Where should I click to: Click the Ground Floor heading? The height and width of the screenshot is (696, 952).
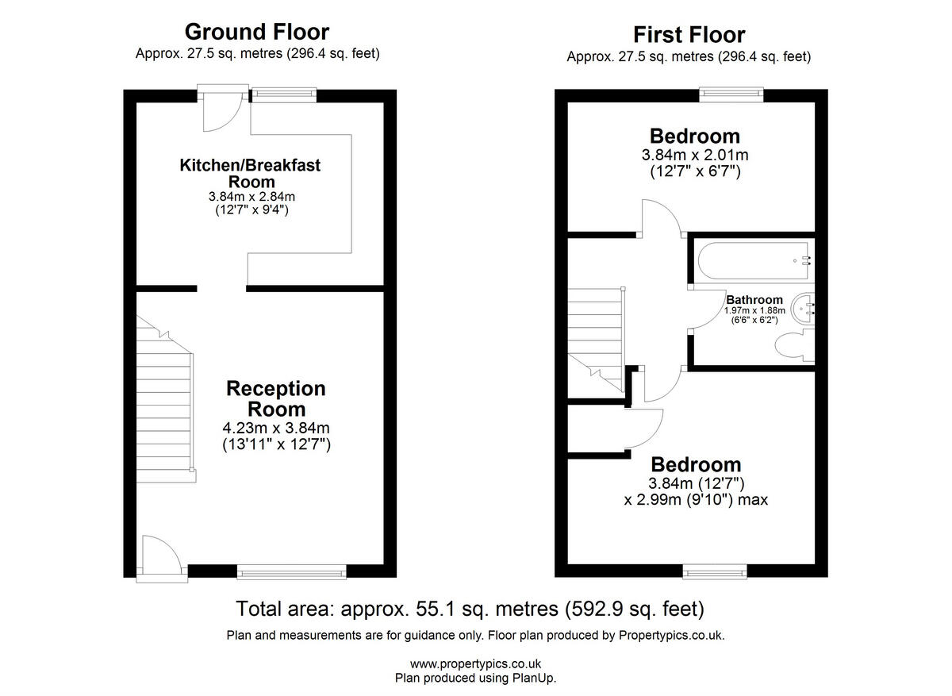click(256, 32)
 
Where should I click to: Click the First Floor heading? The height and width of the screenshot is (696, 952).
click(689, 35)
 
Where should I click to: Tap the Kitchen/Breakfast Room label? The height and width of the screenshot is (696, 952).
click(251, 173)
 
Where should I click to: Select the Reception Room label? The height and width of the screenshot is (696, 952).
click(275, 398)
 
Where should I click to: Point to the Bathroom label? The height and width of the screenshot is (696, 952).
click(754, 299)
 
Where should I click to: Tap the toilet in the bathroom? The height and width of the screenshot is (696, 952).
click(793, 347)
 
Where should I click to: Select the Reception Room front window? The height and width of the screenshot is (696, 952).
click(292, 570)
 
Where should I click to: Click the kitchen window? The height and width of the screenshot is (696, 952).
click(283, 94)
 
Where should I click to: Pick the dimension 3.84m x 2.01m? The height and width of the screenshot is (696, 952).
click(694, 156)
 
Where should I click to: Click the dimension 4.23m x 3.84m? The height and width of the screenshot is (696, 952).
click(275, 429)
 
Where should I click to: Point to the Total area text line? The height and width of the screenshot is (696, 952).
click(470, 609)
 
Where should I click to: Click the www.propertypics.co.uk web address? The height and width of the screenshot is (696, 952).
click(475, 663)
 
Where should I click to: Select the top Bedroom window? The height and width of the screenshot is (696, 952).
click(731, 94)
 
